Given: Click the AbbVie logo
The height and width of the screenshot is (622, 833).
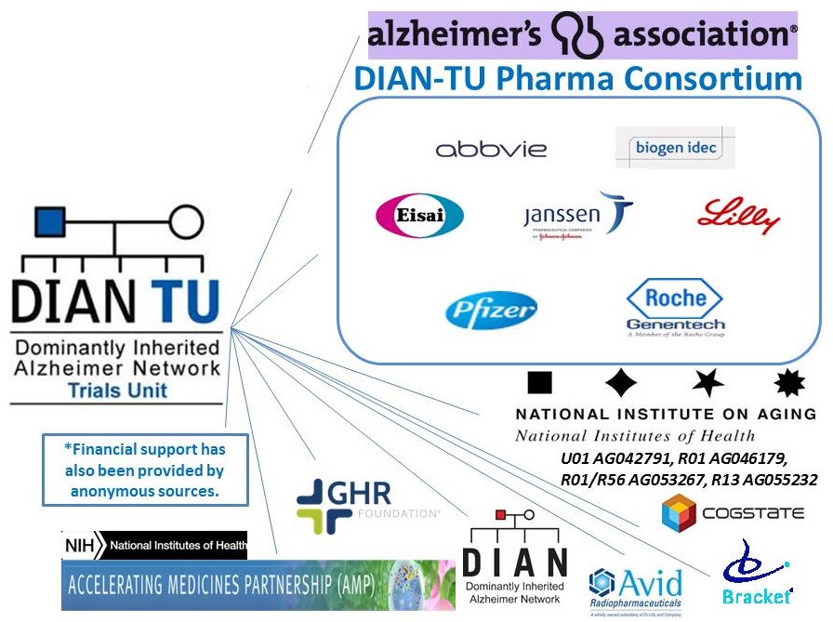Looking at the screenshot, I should (x=491, y=149).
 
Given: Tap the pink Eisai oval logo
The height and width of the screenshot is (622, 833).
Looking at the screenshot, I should (x=419, y=217).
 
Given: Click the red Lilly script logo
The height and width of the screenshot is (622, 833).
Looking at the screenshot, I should (x=738, y=216).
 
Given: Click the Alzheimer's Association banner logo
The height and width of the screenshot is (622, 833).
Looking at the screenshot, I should (x=583, y=35).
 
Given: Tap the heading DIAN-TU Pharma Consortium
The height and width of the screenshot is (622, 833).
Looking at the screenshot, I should (x=577, y=79).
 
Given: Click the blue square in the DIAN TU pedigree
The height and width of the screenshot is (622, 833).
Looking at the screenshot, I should (x=49, y=221).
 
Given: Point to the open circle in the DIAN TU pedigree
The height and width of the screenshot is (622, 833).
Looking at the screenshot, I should (x=186, y=221).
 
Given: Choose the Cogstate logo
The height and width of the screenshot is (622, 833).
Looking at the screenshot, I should (x=729, y=513).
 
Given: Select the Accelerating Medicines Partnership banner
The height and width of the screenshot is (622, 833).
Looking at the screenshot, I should (x=251, y=585).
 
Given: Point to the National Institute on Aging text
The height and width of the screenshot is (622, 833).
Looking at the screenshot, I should (x=665, y=414).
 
